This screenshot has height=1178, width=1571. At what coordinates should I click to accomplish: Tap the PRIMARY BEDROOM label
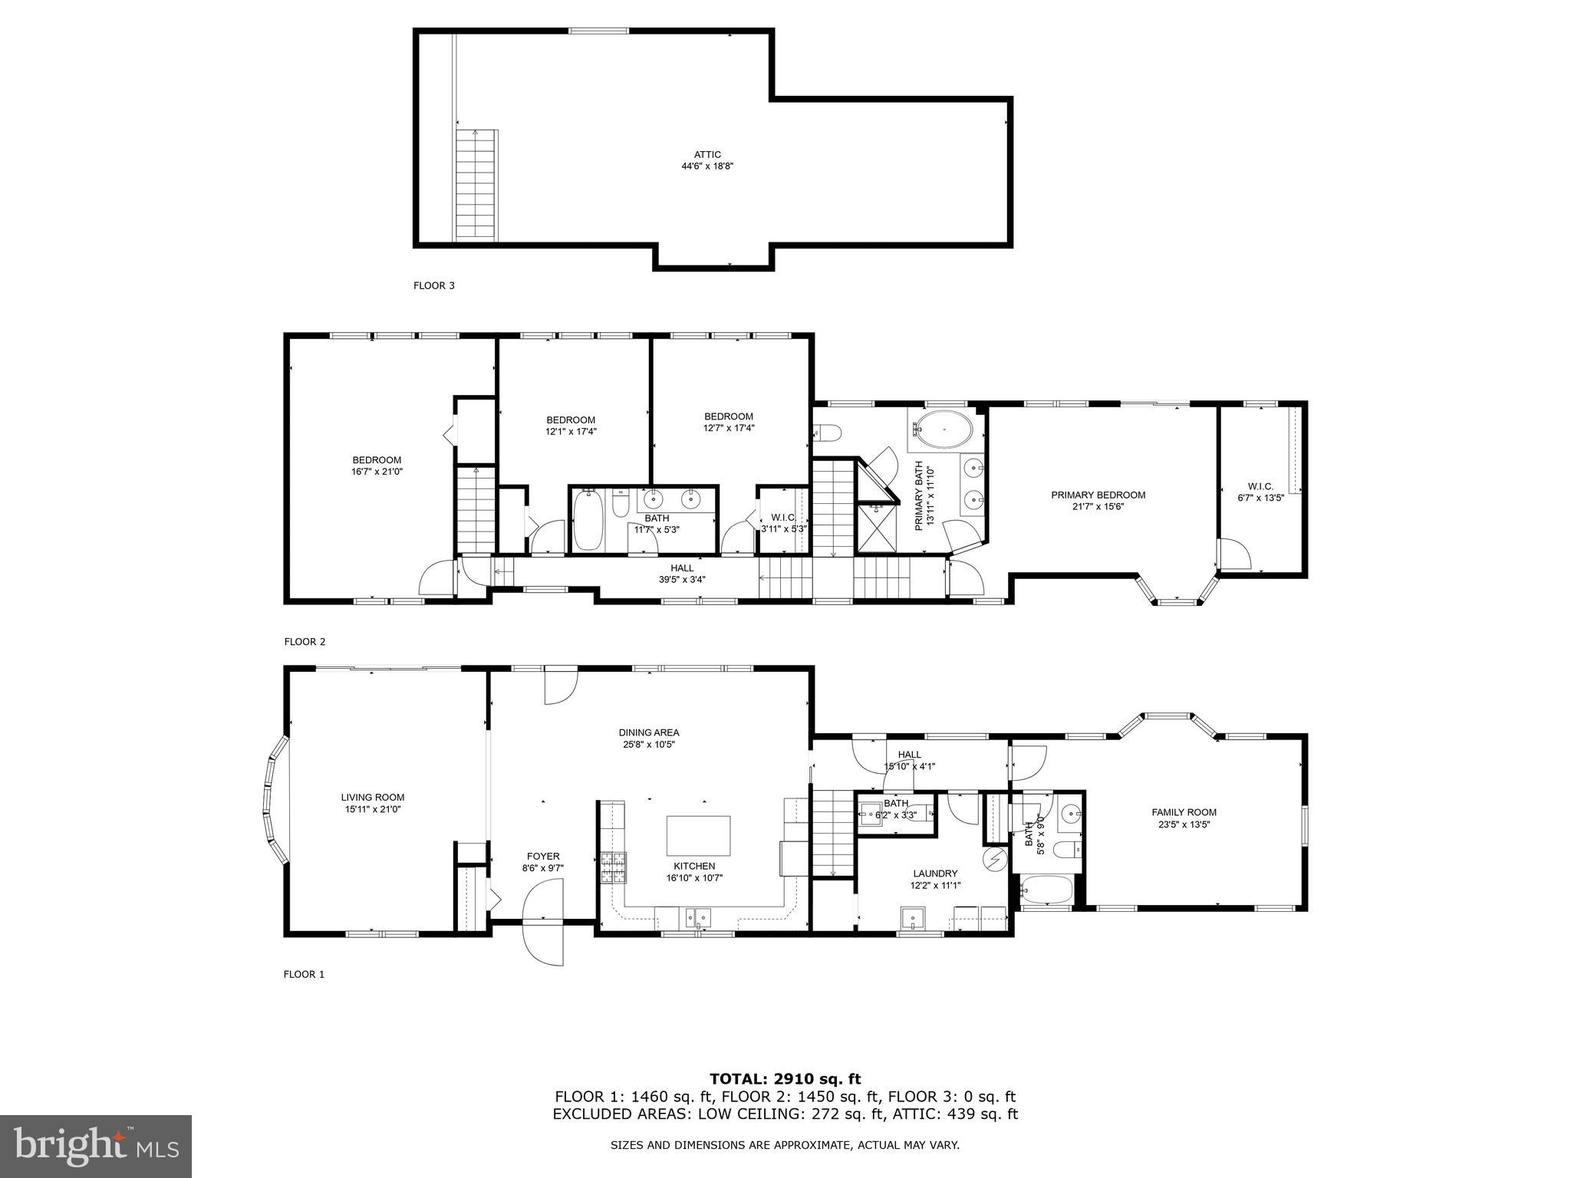[1098, 495]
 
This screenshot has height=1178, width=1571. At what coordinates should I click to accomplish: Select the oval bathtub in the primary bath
[943, 429]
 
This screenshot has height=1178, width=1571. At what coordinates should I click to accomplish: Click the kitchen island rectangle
[698, 835]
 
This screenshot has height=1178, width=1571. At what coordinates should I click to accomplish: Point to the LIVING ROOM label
[373, 797]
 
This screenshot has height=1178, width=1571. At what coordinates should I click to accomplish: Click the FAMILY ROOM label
[1184, 812]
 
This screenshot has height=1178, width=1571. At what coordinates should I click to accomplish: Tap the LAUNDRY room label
[935, 873]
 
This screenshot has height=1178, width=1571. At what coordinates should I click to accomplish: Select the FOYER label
[543, 856]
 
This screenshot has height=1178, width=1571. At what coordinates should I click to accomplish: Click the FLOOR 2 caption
[305, 642]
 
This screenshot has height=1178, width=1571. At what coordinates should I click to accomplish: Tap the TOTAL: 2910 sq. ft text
[785, 1079]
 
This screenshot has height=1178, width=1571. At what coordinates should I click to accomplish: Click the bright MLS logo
[96, 1147]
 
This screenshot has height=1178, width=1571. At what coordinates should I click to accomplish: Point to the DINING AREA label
[649, 732]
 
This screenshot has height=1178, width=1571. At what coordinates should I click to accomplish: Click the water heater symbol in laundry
[994, 859]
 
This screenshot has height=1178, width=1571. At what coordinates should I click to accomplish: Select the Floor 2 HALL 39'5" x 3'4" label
[682, 568]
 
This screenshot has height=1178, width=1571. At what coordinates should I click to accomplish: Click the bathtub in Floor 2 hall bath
[588, 522]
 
